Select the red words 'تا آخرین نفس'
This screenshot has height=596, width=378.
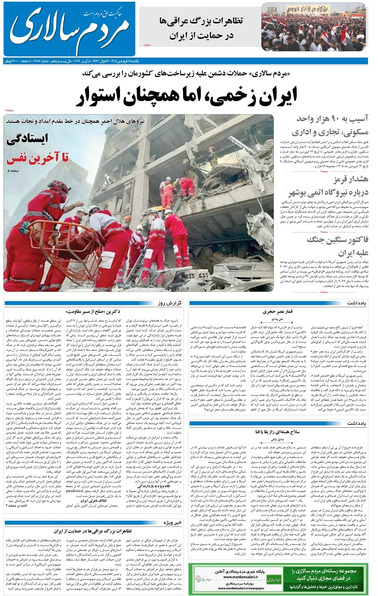tap(37, 158)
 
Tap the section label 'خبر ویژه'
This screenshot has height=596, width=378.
tap(172, 523)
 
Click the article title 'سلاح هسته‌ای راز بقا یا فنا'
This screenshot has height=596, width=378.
tap(277, 432)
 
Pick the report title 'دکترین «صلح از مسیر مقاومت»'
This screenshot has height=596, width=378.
tap(93, 311)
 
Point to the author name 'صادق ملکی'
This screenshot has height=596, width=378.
tap(277, 439)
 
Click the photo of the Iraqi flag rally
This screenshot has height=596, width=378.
tap(315, 26)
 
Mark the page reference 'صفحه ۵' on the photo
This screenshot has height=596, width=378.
tap(14, 171)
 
